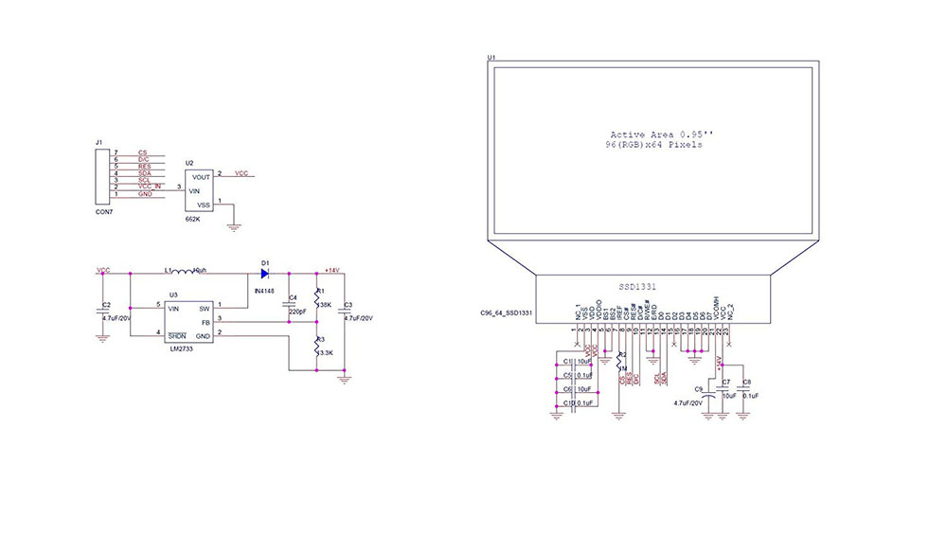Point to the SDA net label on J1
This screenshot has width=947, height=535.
144,173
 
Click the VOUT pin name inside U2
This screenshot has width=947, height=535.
201,177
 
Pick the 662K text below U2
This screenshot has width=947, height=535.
192,219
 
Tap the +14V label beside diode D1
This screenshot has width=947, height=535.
331,270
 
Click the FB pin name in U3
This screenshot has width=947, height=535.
205,322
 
